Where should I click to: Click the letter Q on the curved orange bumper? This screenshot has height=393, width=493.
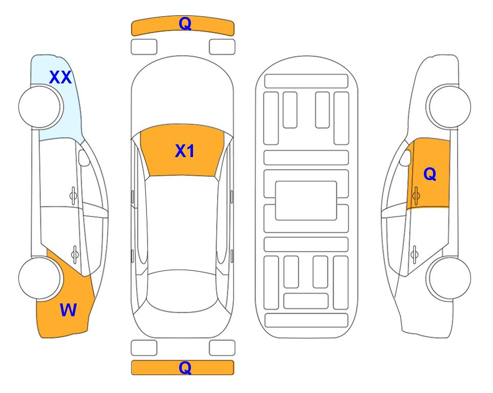click(185, 24)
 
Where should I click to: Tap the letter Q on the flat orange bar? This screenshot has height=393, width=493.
click(185, 367)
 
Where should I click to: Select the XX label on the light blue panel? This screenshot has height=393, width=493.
click(60, 77)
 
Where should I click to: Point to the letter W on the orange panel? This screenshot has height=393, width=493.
click(68, 310)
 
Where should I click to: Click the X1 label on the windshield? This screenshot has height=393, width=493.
click(185, 151)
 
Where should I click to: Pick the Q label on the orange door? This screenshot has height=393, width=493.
click(430, 174)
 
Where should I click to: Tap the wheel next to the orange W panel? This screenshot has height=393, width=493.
click(39, 278)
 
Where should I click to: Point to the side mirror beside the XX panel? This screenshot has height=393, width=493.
click(84, 158)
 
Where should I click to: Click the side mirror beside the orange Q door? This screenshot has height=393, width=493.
click(405, 158)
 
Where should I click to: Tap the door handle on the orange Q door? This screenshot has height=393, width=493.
click(416, 195)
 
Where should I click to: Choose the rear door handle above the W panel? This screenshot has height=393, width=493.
click(75, 254)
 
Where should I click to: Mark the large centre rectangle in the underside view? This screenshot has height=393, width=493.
click(306, 201)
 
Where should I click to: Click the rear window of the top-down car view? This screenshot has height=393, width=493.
click(182, 291)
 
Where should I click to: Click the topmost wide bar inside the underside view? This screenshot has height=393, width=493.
click(306, 81)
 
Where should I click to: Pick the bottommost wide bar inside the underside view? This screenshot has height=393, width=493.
click(307, 320)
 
